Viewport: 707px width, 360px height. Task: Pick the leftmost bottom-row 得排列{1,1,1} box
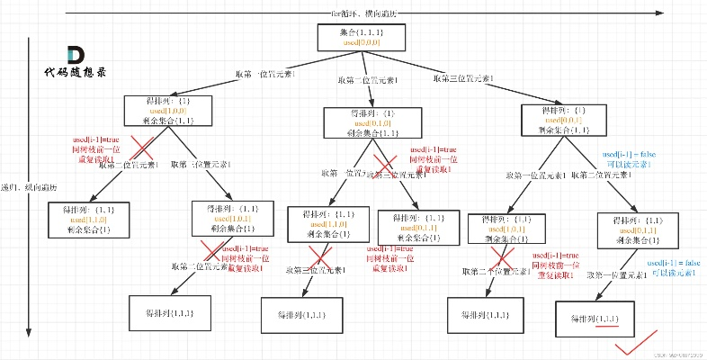pyautogui.click(x=168, y=314)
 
